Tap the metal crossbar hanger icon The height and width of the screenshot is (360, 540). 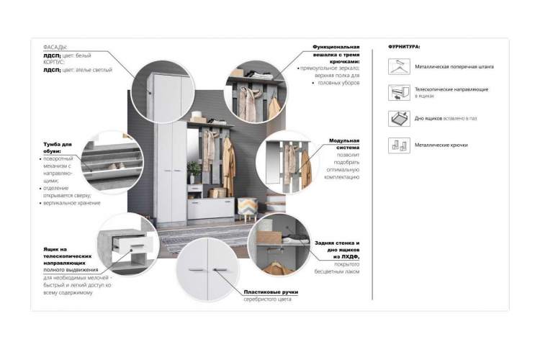click(396, 67)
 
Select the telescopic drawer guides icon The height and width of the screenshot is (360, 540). click(396, 92)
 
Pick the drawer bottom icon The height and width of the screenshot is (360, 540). click(396, 118)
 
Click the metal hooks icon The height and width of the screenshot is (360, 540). click(396, 145)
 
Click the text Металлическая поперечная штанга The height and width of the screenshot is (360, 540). click(454, 67)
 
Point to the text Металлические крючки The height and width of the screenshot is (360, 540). click(441, 145)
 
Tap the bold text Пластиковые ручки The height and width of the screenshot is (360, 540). click(271, 292)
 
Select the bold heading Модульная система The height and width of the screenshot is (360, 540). click(344, 144)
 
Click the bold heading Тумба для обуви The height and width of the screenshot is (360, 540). click(57, 148)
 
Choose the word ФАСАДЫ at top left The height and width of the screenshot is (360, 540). click(55, 47)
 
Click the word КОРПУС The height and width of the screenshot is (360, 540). click(55, 63)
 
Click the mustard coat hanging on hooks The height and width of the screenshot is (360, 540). click(228, 161)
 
